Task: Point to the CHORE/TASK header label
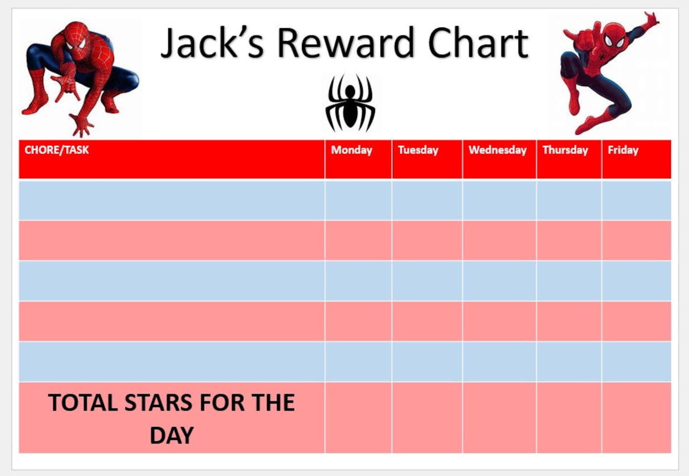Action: (56, 150)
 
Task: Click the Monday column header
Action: (351, 150)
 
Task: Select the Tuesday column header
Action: (418, 150)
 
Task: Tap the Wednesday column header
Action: (497, 150)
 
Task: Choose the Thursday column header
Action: (565, 150)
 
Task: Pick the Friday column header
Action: (623, 150)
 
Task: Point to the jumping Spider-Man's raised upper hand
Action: (651, 20)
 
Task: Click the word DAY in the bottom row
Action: (171, 435)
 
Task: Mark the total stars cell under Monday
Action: (358, 417)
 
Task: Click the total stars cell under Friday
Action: (636, 417)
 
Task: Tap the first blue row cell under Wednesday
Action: (499, 200)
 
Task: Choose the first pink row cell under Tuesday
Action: (427, 240)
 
